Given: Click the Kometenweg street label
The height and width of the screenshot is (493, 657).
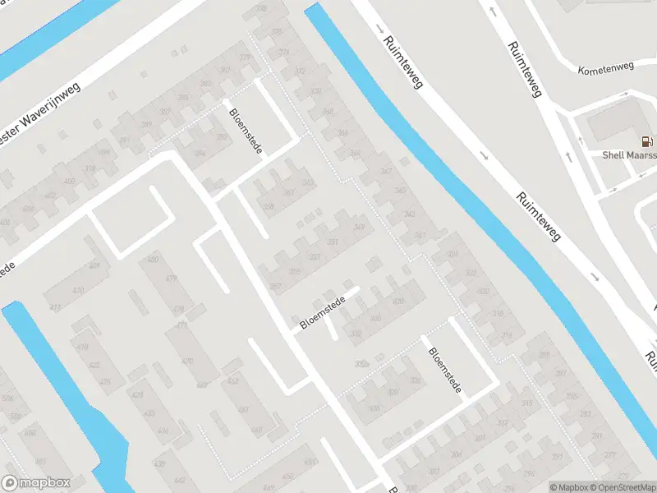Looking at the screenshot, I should pos(607,70).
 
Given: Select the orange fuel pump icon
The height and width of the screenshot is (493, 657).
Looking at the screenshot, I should pos(648,141).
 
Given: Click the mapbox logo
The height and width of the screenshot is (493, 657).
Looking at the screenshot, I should pos(34,483).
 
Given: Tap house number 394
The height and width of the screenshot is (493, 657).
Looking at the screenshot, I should pos(200,153).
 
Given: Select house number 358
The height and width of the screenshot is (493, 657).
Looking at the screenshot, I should pos(268,206).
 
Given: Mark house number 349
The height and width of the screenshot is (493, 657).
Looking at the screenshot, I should pos(358,227).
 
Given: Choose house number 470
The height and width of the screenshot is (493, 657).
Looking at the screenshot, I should pos(187,361).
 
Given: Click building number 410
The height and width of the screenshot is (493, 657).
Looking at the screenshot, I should pos(78,291).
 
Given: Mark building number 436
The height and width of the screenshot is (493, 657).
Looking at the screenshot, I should pos(163,431).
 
